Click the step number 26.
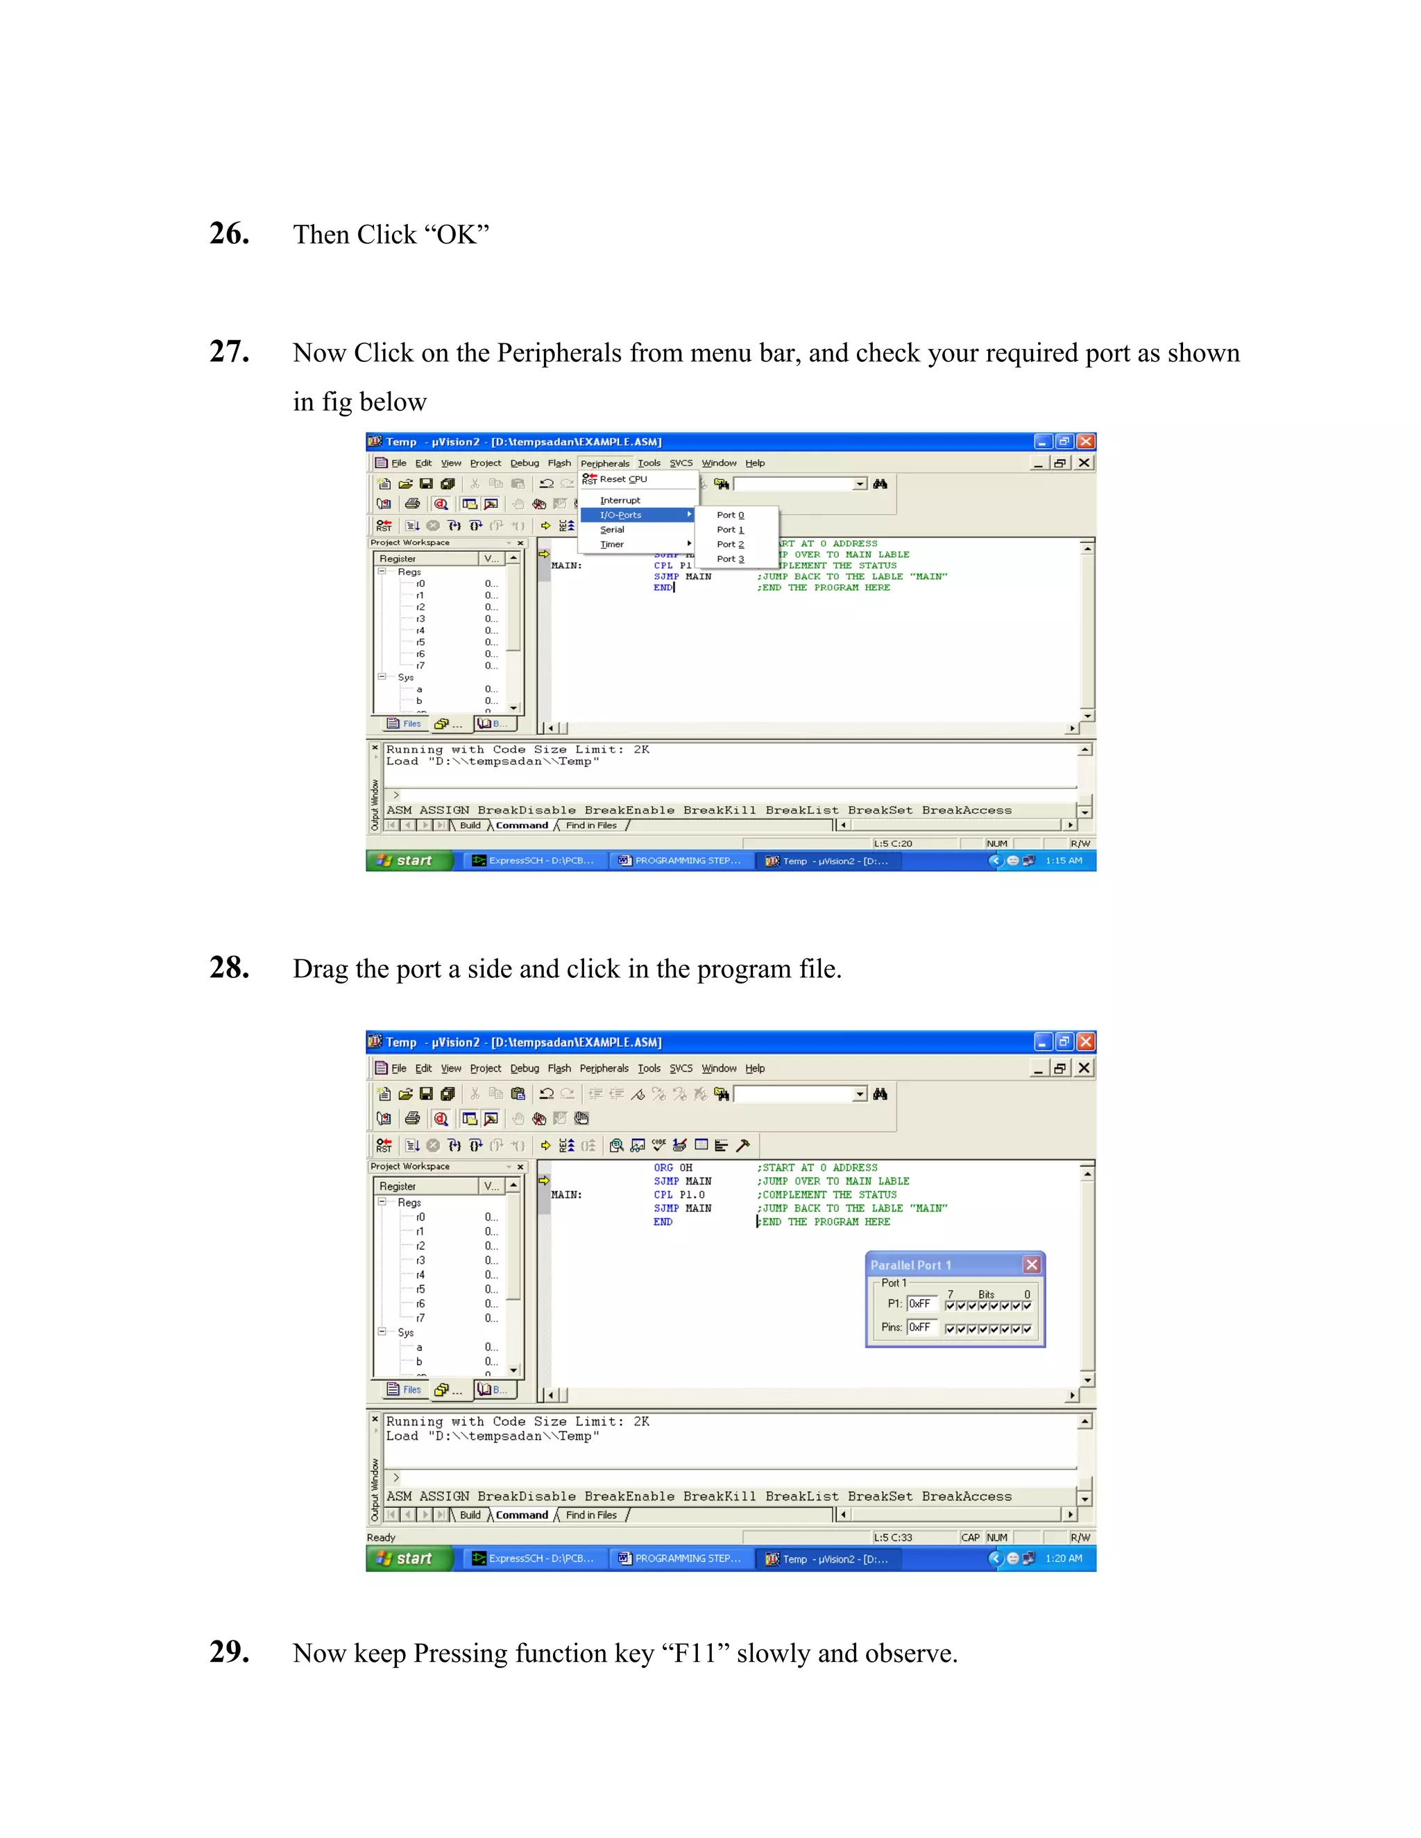point(229,234)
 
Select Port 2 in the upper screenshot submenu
point(730,544)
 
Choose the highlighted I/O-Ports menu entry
point(620,515)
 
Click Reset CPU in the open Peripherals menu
point(623,480)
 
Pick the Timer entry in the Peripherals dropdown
point(612,544)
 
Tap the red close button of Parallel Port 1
point(1031,1265)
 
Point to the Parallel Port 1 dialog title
point(911,1265)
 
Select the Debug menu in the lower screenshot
point(525,1069)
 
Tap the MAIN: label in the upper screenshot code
point(565,565)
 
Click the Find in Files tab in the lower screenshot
point(591,1515)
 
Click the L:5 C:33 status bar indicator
point(892,1538)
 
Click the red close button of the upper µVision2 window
point(1086,442)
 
